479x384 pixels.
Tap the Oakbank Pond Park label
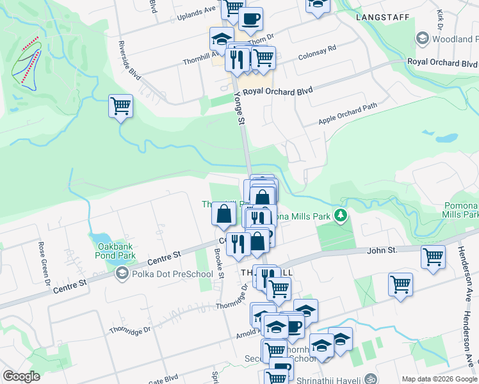point(117,251)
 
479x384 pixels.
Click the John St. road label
point(383,250)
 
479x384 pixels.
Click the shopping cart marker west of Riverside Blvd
point(120,106)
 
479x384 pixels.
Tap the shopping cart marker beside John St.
point(433,257)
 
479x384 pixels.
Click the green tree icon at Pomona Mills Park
point(342,216)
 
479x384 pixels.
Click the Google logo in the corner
point(22,376)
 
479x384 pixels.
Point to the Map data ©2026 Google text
point(440,379)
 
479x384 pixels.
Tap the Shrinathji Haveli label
point(334,378)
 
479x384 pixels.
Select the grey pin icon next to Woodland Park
point(422,38)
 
